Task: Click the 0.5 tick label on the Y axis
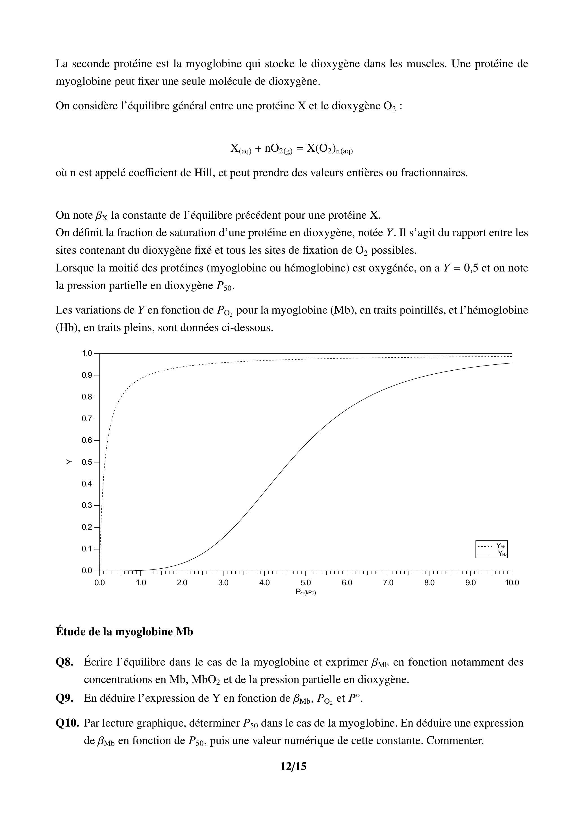pyautogui.click(x=87, y=462)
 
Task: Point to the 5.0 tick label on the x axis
pyautogui.click(x=305, y=583)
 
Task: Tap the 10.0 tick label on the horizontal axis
pyautogui.click(x=511, y=583)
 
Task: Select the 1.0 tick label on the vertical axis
pyautogui.click(x=87, y=353)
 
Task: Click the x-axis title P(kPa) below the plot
pyautogui.click(x=305, y=592)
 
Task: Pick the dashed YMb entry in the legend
pyautogui.click(x=492, y=546)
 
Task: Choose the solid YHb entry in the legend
pyautogui.click(x=492, y=553)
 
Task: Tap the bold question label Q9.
pyautogui.click(x=65, y=698)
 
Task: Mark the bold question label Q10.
pyautogui.click(x=67, y=723)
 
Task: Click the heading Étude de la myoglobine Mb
pyautogui.click(x=124, y=632)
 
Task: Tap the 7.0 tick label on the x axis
pyautogui.click(x=388, y=583)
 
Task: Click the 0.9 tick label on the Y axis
pyautogui.click(x=87, y=375)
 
